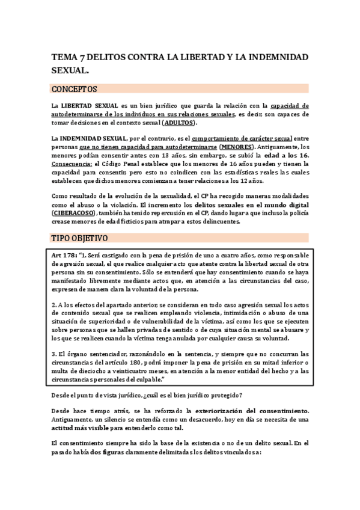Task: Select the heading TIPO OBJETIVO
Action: (79, 239)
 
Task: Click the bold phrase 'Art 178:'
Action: (63, 254)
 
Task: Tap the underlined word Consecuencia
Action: (72, 163)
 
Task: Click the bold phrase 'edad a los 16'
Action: (286, 155)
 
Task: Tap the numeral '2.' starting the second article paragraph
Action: (54, 304)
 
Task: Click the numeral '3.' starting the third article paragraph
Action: (54, 354)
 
